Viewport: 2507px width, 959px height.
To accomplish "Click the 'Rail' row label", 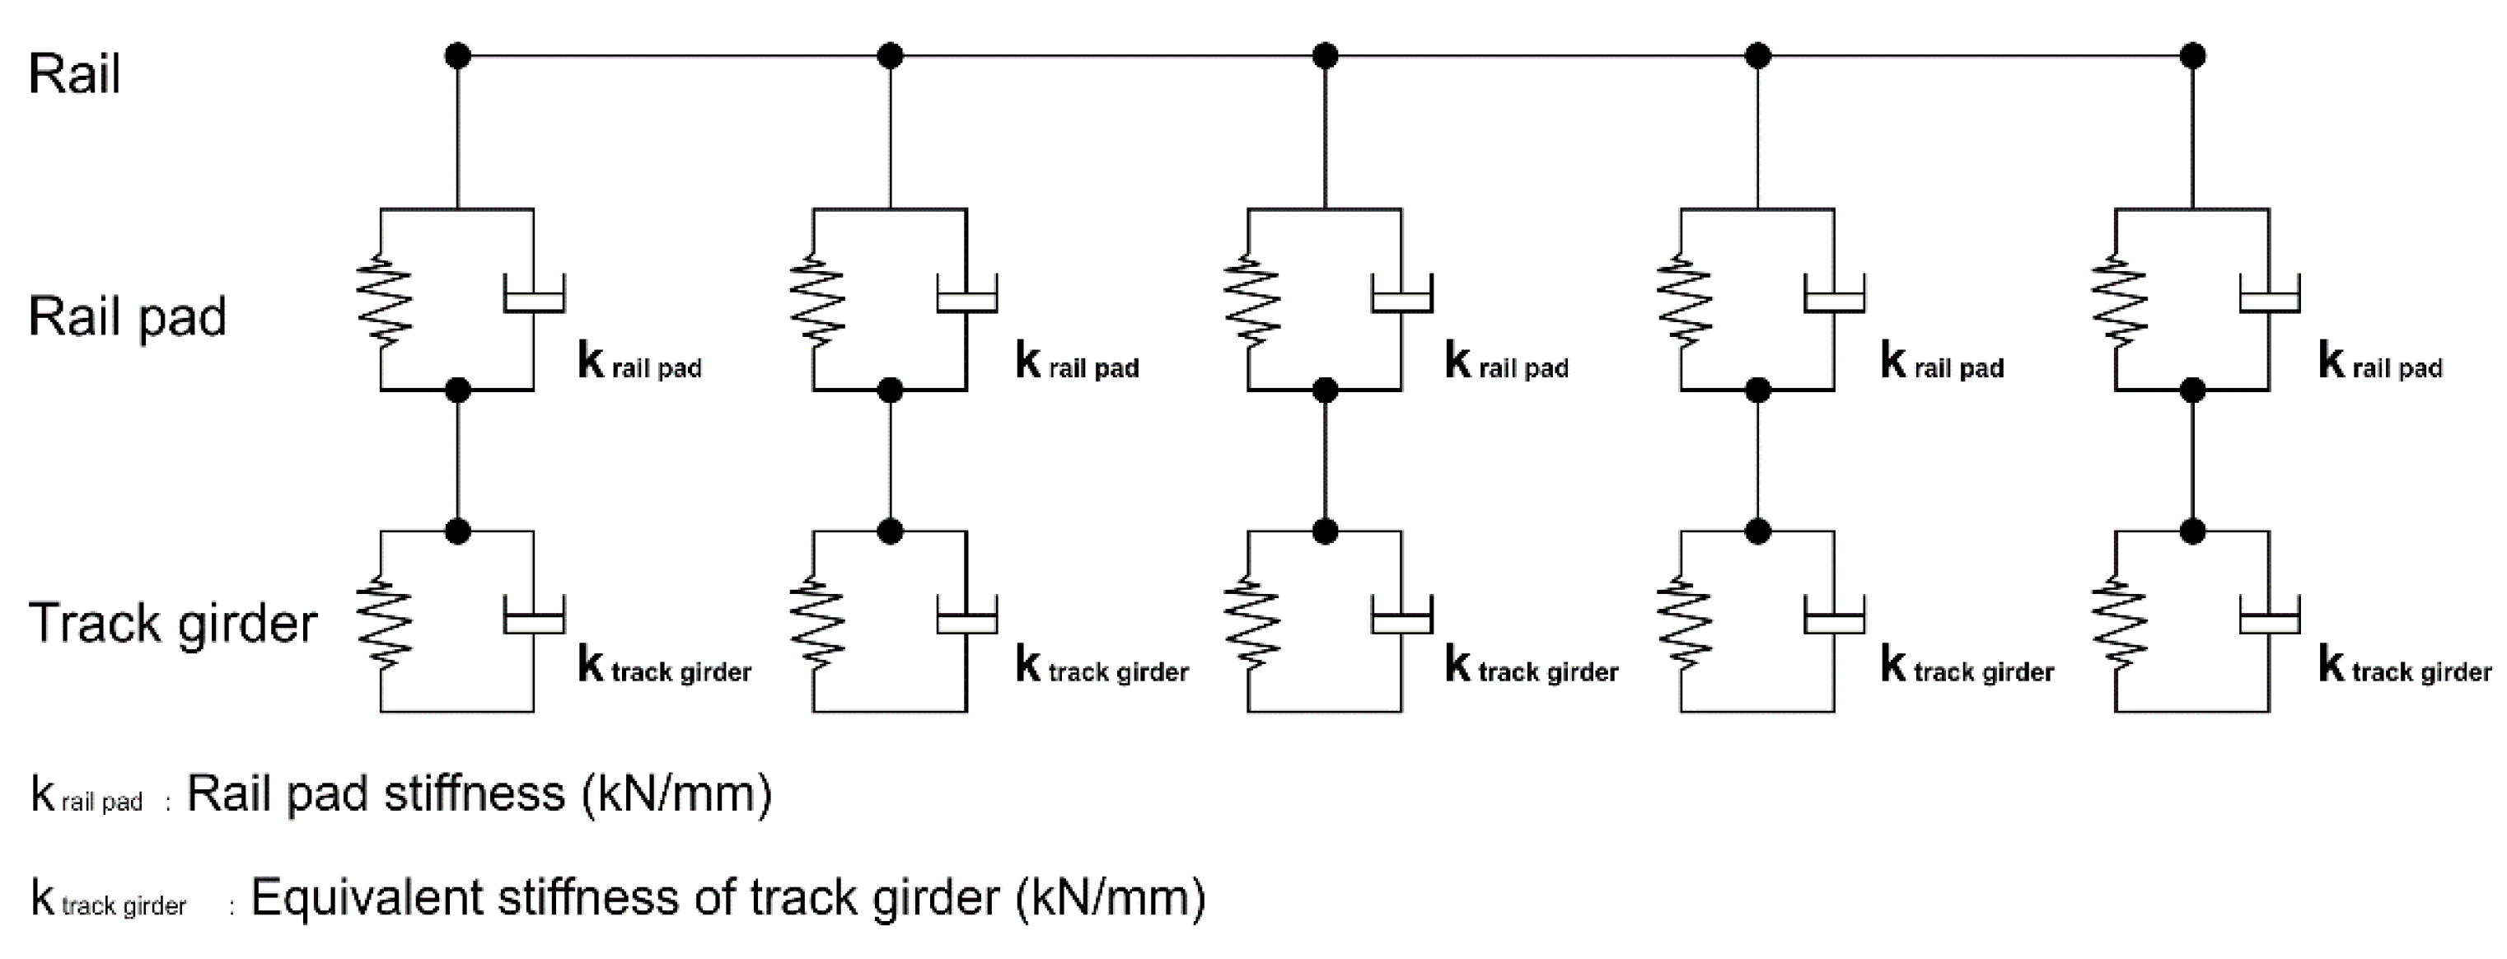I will (x=74, y=74).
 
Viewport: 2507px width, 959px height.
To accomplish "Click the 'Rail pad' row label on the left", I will (x=127, y=316).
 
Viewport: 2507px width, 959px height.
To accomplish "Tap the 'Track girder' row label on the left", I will (x=172, y=623).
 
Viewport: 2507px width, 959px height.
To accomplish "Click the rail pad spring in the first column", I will (x=381, y=300).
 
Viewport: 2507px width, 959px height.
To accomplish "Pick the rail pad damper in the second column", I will (x=966, y=295).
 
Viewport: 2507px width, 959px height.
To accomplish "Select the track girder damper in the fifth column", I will (x=2269, y=618).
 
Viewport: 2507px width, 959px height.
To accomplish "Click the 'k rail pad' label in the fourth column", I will (x=1942, y=363).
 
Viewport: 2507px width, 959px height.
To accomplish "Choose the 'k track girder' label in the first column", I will (x=664, y=667).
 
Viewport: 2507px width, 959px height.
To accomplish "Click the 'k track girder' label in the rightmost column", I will (x=2404, y=667).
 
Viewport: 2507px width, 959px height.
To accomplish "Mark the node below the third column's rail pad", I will (x=1325, y=391).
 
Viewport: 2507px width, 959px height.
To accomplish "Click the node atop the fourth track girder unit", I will (x=1757, y=531).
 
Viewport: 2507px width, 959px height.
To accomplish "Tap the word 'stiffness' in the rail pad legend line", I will (x=474, y=793).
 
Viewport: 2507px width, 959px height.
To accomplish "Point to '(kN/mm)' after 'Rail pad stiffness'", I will (x=676, y=794).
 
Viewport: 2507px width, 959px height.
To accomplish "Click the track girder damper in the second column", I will (x=966, y=618).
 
